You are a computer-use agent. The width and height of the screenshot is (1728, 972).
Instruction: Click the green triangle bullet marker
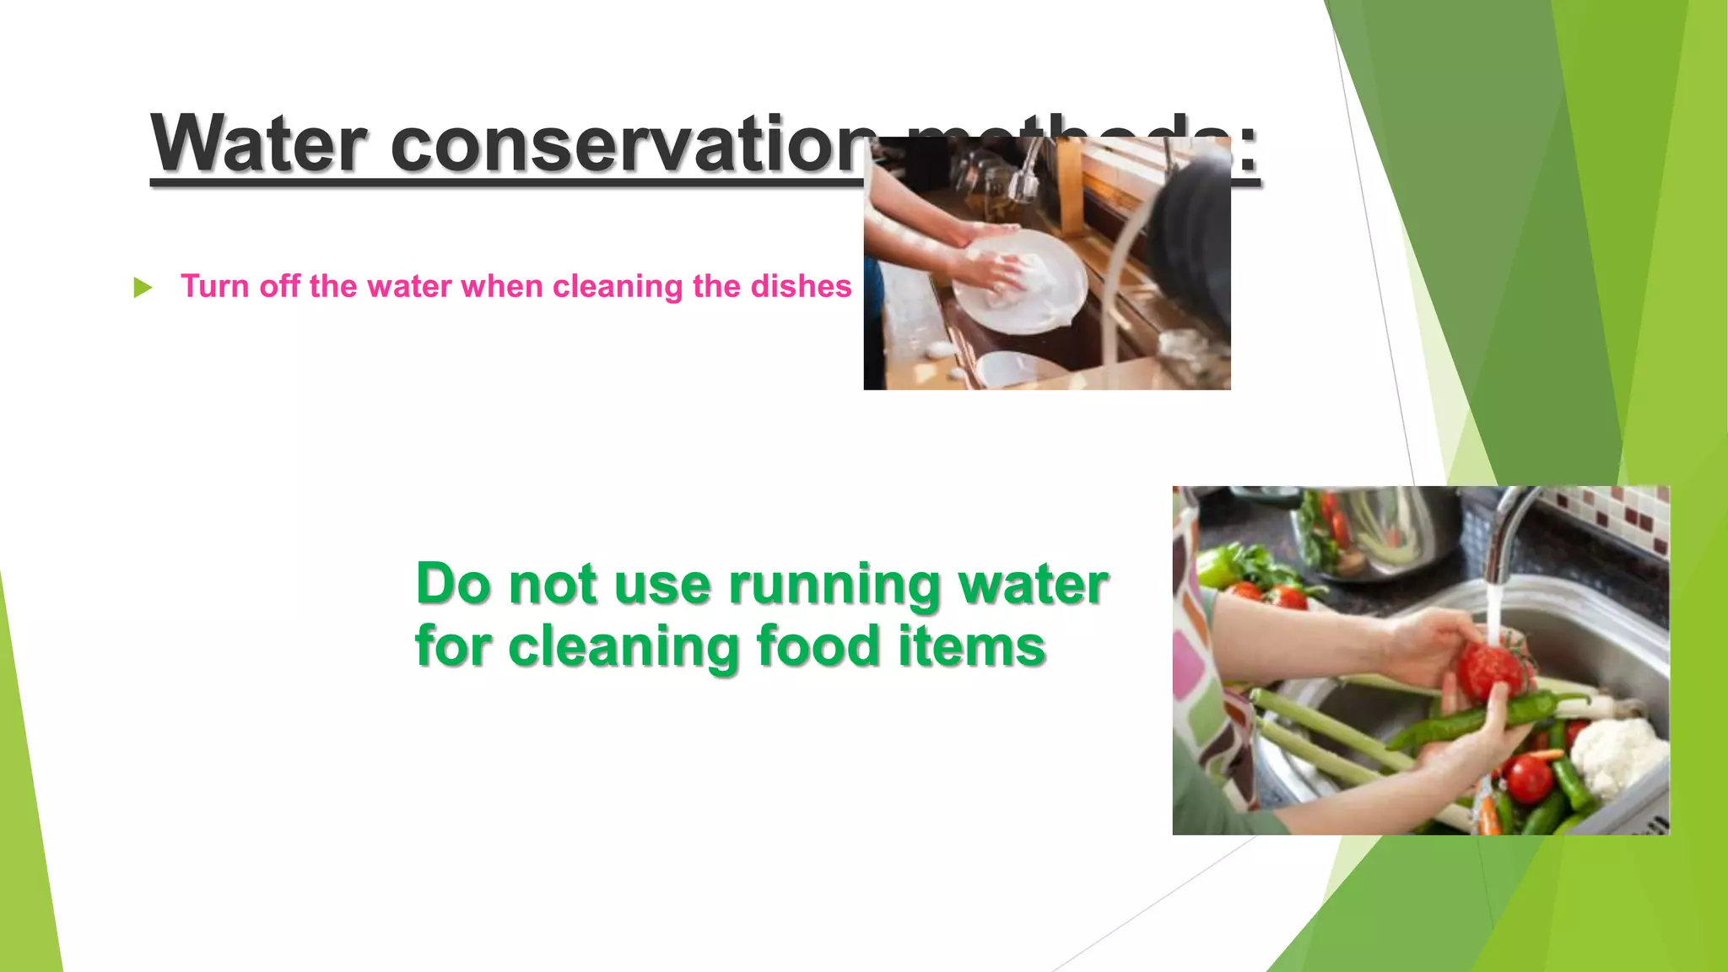tap(143, 288)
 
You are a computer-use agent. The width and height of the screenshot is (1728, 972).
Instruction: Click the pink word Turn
tap(215, 287)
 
